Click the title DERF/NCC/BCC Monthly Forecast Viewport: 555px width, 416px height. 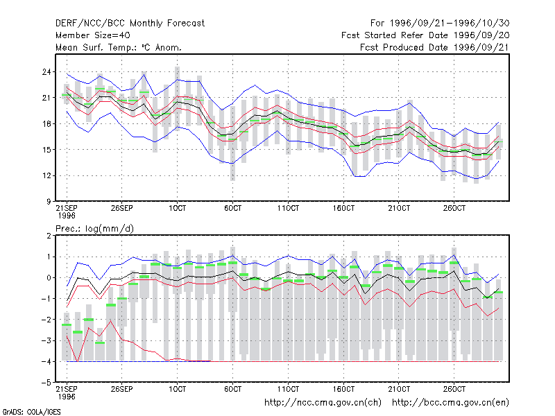(x=130, y=24)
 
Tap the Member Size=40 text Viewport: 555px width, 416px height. (x=93, y=35)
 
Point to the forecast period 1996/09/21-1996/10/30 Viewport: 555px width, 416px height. (x=450, y=24)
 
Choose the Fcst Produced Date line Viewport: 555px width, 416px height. (x=435, y=47)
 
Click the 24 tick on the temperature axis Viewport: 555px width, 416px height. (x=46, y=72)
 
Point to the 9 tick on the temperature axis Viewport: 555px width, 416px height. (x=49, y=202)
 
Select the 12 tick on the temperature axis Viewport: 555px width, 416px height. (x=46, y=176)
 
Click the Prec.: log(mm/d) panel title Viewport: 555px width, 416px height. (x=94, y=229)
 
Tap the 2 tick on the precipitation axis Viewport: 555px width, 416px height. (x=49, y=236)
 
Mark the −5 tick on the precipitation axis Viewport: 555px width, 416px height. (x=46, y=383)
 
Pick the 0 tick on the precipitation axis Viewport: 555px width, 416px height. (x=49, y=278)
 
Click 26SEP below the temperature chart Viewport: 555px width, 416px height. (x=122, y=208)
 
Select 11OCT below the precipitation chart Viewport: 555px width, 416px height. (x=288, y=389)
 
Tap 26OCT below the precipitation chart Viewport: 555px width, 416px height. (x=454, y=389)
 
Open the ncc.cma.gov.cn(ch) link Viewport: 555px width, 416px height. (x=323, y=403)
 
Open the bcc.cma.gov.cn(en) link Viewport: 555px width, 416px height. (x=450, y=403)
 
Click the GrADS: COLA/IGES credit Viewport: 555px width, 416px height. (x=31, y=412)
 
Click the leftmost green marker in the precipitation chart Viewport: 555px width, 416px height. (x=67, y=324)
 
